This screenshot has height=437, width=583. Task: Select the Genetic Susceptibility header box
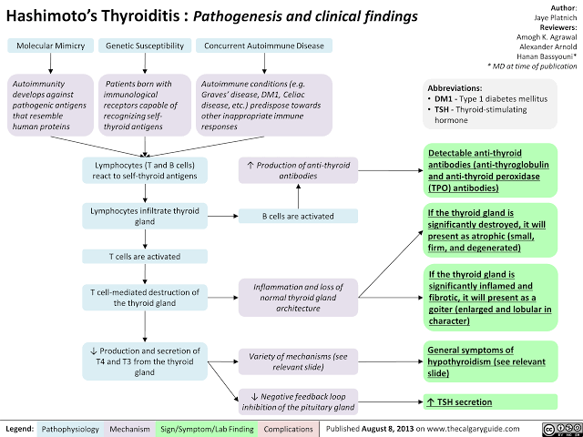pos(146,46)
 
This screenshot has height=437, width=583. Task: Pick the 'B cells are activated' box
pos(297,216)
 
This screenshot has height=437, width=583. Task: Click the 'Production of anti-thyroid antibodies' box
pos(297,170)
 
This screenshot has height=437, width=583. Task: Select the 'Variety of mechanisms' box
pos(297,361)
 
